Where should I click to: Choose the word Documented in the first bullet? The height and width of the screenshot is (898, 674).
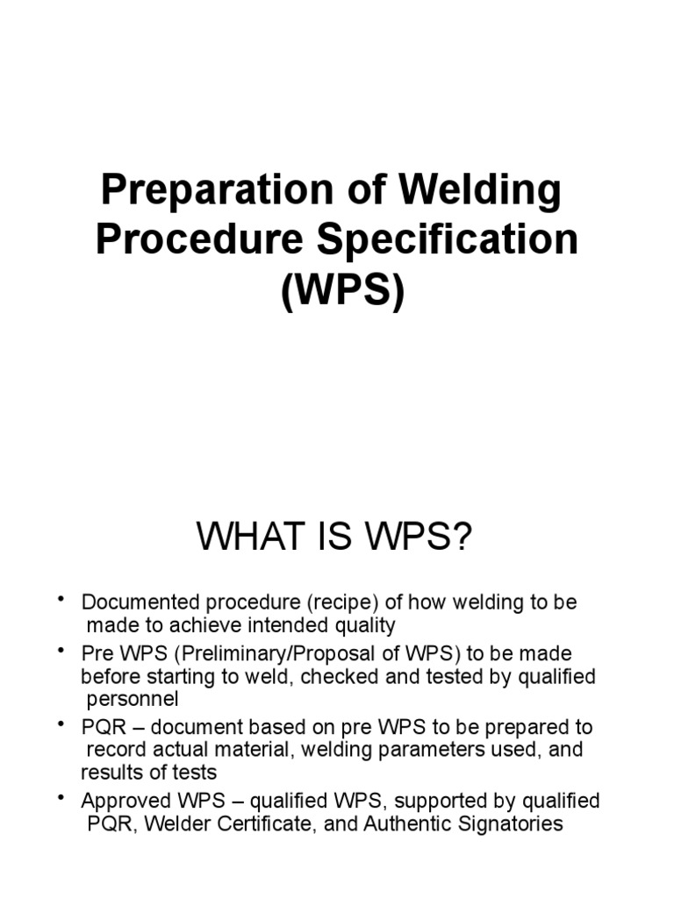[129, 602]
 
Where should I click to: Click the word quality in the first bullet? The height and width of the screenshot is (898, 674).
[363, 625]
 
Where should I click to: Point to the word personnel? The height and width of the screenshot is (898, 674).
[133, 700]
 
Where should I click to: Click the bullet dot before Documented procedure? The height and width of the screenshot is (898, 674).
[62, 599]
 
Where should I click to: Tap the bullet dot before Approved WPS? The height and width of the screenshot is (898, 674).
[62, 798]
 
